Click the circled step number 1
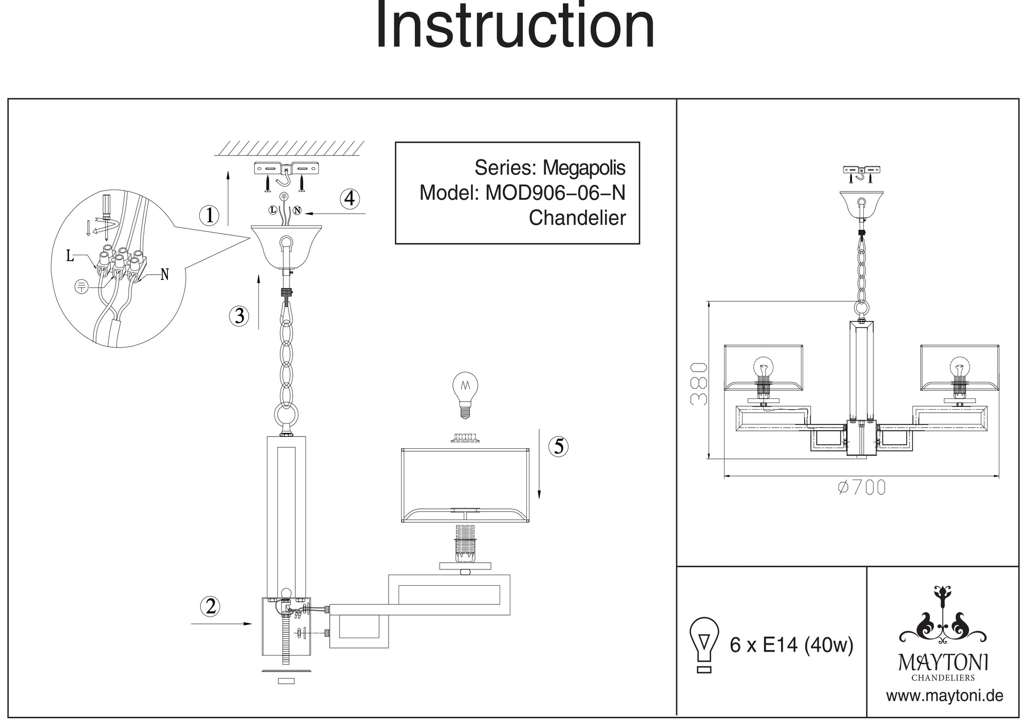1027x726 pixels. coord(210,216)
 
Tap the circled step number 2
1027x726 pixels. coord(211,607)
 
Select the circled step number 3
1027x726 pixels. coord(239,316)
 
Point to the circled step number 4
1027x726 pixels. coord(350,198)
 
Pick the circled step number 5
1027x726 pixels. coord(559,446)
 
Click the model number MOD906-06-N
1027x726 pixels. coord(556,193)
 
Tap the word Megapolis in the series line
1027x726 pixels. coord(584,167)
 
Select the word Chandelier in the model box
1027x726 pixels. coord(577,218)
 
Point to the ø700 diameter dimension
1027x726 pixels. coord(862,487)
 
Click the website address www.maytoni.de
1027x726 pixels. coord(944,696)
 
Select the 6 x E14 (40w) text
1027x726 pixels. coord(791,645)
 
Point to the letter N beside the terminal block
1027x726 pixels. coord(164,275)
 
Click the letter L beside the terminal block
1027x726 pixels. coord(70,256)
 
